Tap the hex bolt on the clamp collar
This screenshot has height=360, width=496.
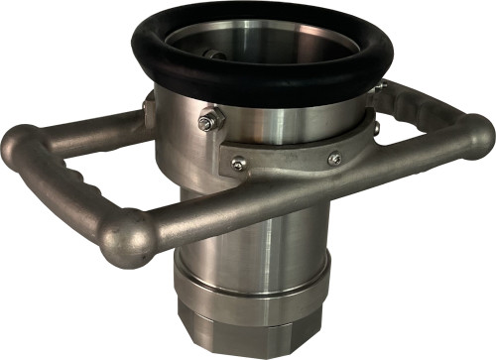coord(207,122)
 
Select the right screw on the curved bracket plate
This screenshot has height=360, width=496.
coord(335,156)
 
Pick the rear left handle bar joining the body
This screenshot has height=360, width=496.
coord(89,127)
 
